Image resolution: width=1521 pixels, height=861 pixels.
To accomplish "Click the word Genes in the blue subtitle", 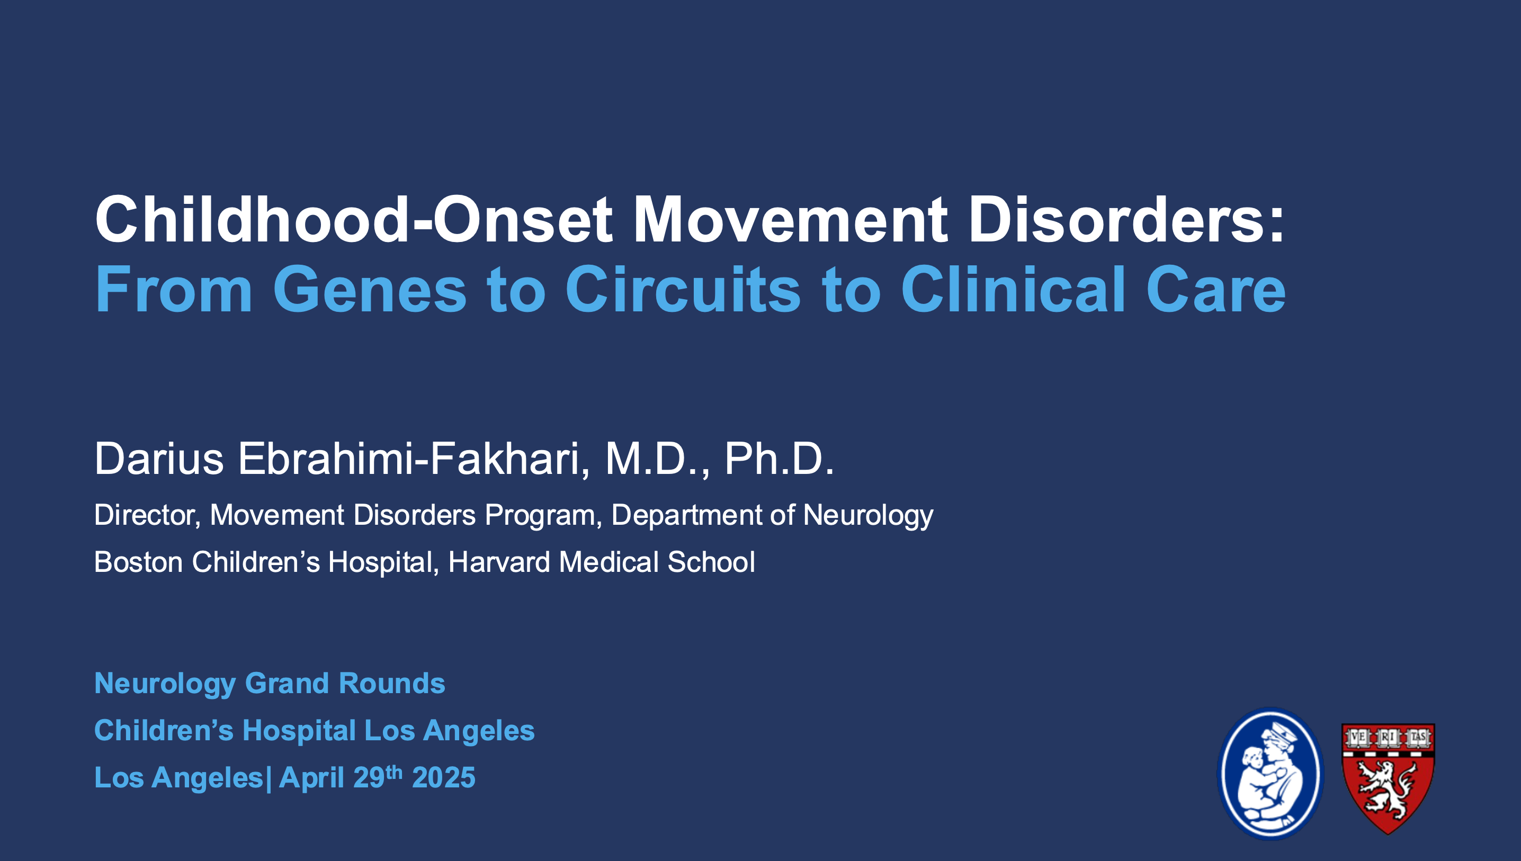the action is coord(370,290).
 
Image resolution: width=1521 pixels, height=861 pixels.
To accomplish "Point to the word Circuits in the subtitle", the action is coord(683,289).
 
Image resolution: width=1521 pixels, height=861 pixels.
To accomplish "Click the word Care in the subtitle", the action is coord(1216,290).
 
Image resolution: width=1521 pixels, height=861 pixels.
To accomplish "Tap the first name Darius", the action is coord(159,459).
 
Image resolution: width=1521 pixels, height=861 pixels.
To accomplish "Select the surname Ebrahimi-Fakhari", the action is coord(414,459).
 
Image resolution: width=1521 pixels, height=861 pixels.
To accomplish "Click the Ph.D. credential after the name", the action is coord(779,459).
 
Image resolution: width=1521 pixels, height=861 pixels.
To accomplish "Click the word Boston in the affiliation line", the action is coord(138,562).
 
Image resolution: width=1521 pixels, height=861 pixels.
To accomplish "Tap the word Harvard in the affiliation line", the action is coord(500,562).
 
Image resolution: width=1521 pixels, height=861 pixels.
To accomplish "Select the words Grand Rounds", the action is coord(345,684).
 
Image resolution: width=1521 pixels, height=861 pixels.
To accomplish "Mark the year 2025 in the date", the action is coord(443,778).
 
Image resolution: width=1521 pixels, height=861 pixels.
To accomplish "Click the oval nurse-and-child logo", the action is coord(1271,774).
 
